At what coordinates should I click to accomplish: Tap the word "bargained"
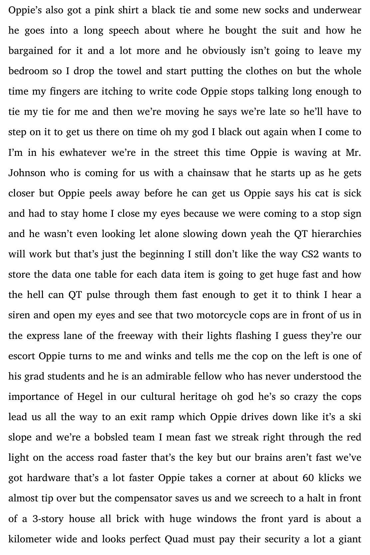click(x=31, y=51)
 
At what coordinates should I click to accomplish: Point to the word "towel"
click(x=113, y=71)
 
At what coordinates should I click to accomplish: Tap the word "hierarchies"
click(x=336, y=234)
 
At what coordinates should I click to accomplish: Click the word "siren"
click(x=19, y=315)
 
